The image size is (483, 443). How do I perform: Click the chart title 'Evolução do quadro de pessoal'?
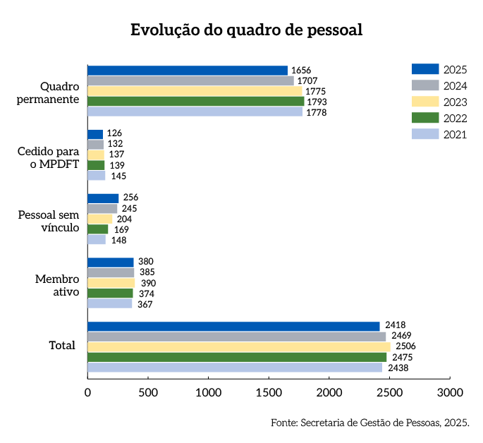tap(246, 30)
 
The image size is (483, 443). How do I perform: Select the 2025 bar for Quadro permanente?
tap(188, 71)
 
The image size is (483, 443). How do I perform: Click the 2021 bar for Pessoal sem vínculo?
tap(97, 240)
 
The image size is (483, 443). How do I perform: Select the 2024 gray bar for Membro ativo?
tap(111, 272)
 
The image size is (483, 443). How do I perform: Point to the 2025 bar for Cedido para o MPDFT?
tap(95, 134)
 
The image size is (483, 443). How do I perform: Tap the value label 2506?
tap(404, 346)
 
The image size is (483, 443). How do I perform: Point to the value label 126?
tap(114, 133)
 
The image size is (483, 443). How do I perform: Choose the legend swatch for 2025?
tap(424, 69)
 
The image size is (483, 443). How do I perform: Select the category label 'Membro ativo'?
tap(57, 285)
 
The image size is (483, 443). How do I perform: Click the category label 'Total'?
tap(62, 346)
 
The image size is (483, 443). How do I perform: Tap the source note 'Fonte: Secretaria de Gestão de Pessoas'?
tap(369, 423)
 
